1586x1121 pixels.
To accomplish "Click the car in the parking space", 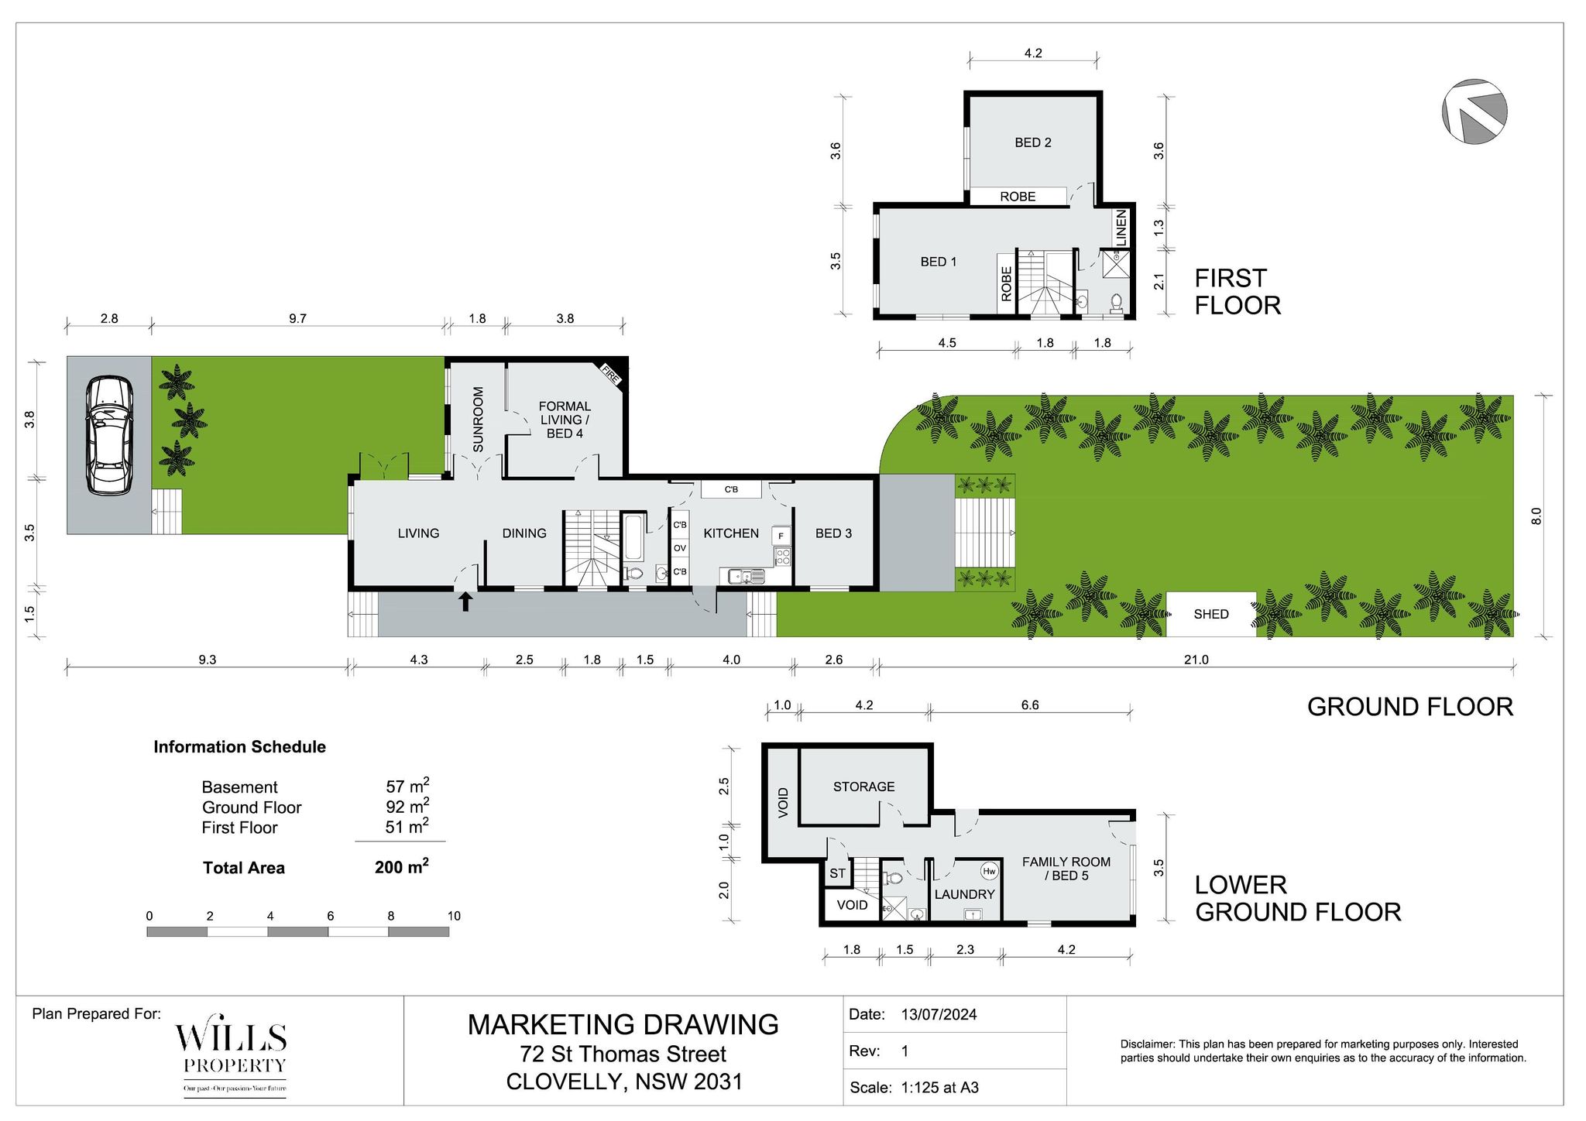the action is (108, 435).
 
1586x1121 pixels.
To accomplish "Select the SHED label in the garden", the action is (1211, 614).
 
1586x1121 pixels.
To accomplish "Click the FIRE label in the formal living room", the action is (611, 375).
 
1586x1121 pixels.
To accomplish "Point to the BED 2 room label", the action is (1033, 142).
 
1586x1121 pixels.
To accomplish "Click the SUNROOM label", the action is (478, 420).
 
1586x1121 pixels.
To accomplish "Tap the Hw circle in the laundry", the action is (989, 871).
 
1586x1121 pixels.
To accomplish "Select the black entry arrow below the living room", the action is (465, 602).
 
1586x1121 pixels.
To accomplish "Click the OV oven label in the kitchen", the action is (679, 548).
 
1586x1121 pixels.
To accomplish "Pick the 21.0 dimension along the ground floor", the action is (1196, 660).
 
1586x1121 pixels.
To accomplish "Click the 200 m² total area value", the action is (402, 866).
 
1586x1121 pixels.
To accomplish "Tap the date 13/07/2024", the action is (939, 1014).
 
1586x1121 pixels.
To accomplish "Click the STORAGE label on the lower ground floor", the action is (863, 787).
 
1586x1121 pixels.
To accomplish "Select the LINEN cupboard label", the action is (1121, 228).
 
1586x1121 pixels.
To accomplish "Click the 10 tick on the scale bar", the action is (454, 916).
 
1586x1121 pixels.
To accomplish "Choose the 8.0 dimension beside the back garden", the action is (1536, 516).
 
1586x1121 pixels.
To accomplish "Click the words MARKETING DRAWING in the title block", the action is (623, 1024).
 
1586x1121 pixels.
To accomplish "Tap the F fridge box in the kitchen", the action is (781, 536).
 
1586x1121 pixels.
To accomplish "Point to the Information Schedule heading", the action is (239, 747).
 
